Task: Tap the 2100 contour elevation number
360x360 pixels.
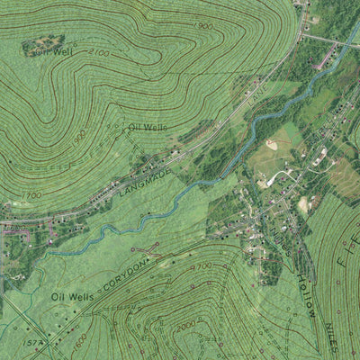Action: coord(98,55)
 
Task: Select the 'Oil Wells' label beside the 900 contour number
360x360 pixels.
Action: coord(148,128)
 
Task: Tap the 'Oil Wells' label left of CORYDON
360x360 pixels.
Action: coord(73,295)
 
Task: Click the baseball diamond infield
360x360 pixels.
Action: coord(271,144)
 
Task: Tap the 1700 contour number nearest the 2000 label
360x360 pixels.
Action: coord(201,266)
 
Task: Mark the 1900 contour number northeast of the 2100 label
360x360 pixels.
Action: coord(204,27)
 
